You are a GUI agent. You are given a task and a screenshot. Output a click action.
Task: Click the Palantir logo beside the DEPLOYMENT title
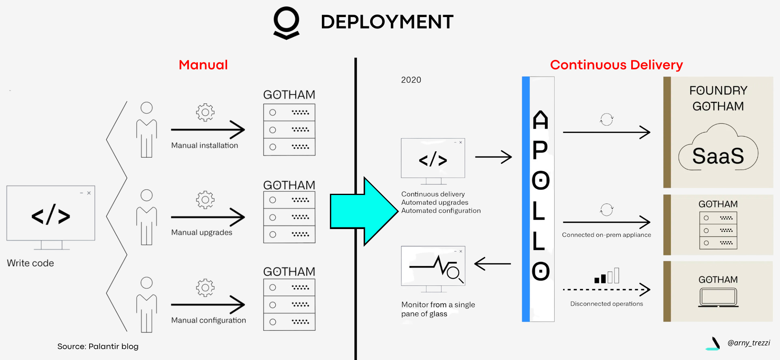coord(286,23)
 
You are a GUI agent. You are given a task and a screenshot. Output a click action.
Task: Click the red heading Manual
coord(203,65)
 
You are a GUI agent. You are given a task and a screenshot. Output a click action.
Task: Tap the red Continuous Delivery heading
coord(616,65)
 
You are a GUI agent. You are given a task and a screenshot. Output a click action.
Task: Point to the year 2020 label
coord(411,80)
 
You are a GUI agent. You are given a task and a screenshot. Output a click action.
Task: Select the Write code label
coord(30,263)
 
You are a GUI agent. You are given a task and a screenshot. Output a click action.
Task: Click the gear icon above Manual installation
coord(205,112)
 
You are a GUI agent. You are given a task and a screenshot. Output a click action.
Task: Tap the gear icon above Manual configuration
coord(205,287)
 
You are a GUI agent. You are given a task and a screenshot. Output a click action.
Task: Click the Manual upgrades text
coord(201,232)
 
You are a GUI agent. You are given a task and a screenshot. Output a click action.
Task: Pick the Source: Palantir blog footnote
coord(98,346)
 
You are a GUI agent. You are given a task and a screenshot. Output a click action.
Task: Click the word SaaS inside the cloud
coord(718,156)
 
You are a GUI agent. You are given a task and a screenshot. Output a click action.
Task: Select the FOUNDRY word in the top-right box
coord(718,90)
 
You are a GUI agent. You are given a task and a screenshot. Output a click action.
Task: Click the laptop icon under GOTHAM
coord(718,297)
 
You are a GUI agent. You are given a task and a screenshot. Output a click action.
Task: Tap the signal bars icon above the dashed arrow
coord(606,276)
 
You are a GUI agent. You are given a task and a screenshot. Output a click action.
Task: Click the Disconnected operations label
coord(606,304)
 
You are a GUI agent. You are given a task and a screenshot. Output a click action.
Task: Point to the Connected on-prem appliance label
coord(606,235)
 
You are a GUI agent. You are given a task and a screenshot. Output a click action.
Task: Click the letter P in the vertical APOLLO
coord(540,150)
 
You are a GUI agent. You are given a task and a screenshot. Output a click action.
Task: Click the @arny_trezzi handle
coord(748,343)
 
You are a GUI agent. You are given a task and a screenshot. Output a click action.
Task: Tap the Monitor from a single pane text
coord(438,304)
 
